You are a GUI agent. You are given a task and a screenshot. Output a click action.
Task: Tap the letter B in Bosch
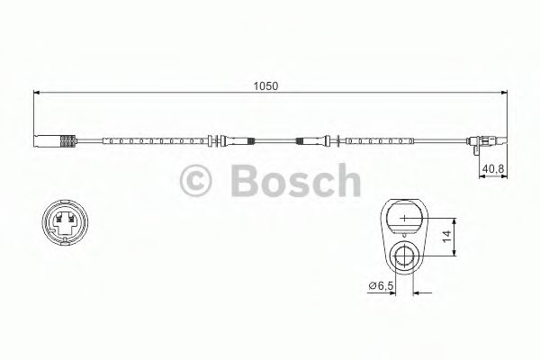pos(242,184)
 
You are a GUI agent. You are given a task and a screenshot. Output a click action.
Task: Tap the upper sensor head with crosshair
pos(405,219)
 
